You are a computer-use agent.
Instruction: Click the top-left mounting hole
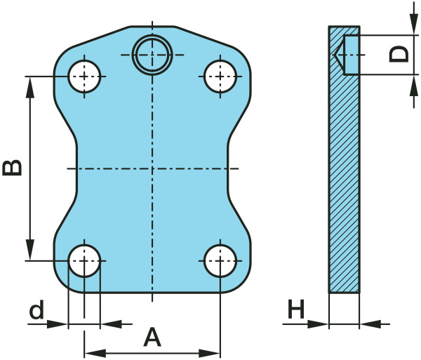pyautogui.click(x=84, y=76)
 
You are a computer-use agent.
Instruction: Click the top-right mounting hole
pyautogui.click(x=220, y=76)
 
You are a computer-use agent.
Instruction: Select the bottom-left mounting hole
pyautogui.click(x=84, y=260)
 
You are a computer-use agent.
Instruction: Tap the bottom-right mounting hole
pyautogui.click(x=220, y=260)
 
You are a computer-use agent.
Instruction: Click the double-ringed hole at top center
pyautogui.click(x=152, y=55)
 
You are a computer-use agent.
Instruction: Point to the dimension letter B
pyautogui.click(x=12, y=168)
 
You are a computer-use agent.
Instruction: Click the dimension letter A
pyautogui.click(x=152, y=337)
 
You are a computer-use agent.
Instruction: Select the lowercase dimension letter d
pyautogui.click(x=36, y=309)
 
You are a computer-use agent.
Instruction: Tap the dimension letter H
pyautogui.click(x=296, y=309)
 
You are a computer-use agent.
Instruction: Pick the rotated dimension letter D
pyautogui.click(x=399, y=54)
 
